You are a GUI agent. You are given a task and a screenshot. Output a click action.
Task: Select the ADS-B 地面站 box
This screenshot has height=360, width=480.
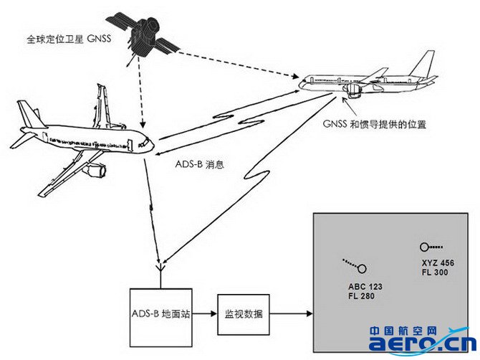161,313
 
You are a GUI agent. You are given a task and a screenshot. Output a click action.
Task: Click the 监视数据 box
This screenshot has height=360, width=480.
243,314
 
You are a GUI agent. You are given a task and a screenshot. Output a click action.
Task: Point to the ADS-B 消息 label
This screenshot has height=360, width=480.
200,164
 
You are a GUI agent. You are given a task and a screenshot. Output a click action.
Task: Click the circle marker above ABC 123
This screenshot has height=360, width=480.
362,269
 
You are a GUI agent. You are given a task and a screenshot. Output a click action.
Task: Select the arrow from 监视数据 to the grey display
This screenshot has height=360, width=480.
291,314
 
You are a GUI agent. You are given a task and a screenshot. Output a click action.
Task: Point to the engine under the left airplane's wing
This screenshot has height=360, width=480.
93,171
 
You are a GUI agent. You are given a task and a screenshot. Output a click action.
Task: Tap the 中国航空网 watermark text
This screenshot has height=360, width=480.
403,331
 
